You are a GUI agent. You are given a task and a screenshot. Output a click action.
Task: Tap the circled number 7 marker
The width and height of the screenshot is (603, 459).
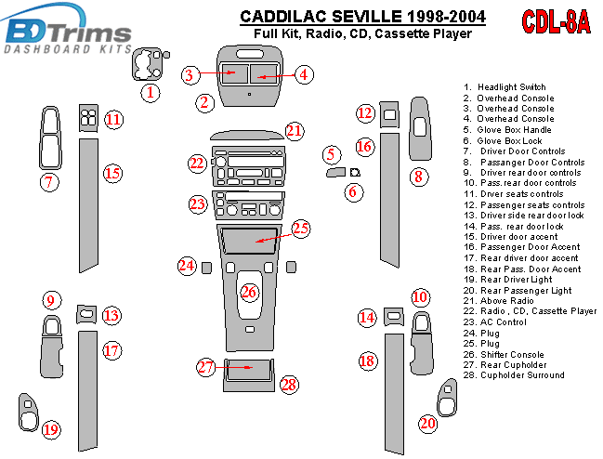[48, 182]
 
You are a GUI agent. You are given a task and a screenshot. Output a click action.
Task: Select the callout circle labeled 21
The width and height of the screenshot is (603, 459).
[295, 131]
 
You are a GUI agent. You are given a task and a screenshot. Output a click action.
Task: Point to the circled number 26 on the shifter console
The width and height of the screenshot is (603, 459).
[249, 293]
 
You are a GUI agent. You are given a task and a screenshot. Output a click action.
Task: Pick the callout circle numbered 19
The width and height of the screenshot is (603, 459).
[50, 428]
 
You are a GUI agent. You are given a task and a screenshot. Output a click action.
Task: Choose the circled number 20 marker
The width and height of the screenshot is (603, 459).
[427, 424]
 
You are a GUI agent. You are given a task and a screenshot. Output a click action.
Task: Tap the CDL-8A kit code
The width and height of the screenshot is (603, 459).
[556, 23]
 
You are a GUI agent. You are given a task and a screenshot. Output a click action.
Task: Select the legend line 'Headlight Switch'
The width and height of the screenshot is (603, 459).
[510, 87]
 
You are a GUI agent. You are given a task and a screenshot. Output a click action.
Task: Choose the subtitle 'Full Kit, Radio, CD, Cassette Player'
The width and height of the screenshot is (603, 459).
[362, 34]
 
